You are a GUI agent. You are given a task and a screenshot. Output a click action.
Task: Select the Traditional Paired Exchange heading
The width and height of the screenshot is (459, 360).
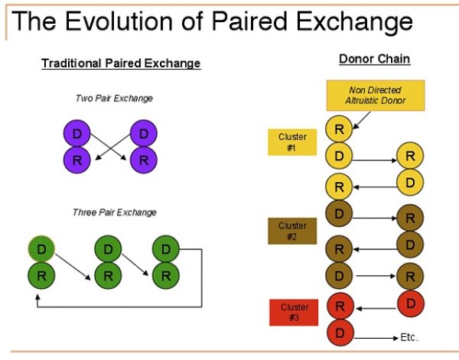coord(121,63)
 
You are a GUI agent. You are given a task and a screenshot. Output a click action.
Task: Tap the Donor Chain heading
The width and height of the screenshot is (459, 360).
coord(375,59)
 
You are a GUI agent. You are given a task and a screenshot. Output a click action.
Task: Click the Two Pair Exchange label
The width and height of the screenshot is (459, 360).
coord(114,99)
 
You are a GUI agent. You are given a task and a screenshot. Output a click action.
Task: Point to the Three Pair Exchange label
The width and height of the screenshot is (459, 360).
coord(115,212)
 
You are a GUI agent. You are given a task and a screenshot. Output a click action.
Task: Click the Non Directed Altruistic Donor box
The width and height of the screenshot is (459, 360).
coord(376,96)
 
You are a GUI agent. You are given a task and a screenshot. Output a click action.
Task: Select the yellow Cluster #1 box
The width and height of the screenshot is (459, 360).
coord(292,142)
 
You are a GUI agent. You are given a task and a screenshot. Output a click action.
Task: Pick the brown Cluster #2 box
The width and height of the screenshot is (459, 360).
coord(292,231)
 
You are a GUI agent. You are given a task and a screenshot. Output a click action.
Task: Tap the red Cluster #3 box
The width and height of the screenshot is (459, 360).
coord(294,313)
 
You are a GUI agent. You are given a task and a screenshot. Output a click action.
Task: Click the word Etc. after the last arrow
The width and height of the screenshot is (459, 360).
coord(409,338)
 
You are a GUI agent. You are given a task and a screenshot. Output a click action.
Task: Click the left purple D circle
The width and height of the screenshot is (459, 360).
coord(77,133)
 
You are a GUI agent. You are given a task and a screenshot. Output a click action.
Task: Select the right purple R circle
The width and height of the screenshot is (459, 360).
coord(144,160)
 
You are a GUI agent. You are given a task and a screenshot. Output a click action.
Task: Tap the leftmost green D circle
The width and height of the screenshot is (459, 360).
coord(41,249)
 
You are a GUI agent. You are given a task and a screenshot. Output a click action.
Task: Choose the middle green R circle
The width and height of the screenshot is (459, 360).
coord(108,275)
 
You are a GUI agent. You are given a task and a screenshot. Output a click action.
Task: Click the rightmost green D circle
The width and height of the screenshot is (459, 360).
coord(166,249)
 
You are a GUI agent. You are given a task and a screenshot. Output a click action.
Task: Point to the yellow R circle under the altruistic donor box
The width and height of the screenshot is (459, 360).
coord(339,128)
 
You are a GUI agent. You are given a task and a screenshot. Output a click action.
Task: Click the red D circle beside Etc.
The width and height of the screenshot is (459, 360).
coord(340,332)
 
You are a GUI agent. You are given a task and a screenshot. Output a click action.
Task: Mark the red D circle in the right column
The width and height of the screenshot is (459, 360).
coord(410,303)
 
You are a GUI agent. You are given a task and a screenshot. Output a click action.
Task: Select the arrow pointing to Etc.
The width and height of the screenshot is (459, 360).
coord(376,339)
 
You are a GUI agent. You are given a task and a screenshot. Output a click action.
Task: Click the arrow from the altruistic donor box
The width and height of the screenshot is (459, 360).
coord(362,120)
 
